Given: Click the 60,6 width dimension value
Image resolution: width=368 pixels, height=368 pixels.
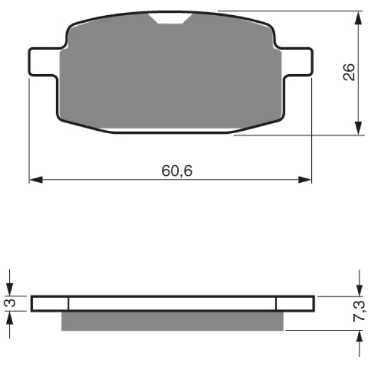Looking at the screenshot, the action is tap(177, 171).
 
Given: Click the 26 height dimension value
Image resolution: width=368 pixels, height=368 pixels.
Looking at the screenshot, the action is tap(349, 72).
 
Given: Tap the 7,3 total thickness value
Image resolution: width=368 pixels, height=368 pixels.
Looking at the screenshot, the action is tap(359, 311).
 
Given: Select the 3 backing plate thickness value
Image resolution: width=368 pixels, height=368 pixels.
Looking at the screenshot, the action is tap(10, 303).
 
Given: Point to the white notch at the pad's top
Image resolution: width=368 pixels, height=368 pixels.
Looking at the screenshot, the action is tap(171, 18).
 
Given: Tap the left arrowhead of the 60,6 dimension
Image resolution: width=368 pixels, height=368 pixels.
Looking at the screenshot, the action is tap(36, 180).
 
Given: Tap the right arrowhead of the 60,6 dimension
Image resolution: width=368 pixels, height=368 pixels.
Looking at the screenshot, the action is tap(305, 180).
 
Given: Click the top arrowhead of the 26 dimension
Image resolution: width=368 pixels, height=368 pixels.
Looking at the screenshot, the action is tap(358, 18).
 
